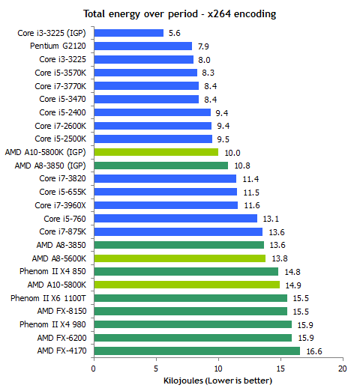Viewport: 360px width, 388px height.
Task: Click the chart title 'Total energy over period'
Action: click(140, 14)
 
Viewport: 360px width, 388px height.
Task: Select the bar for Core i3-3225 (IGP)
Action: click(129, 33)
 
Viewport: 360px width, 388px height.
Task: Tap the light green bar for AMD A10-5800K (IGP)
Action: click(156, 152)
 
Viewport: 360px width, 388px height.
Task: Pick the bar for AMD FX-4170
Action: click(197, 351)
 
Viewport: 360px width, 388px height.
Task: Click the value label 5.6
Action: click(174, 33)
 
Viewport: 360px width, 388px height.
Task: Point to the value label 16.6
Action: click(314, 351)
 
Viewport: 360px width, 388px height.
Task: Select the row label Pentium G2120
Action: click(58, 46)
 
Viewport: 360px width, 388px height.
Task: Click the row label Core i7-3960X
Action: click(60, 205)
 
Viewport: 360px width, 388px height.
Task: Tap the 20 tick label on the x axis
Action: click(342, 369)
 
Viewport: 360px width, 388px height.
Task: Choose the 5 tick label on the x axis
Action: click(156, 369)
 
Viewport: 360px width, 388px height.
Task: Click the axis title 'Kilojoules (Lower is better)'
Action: click(217, 381)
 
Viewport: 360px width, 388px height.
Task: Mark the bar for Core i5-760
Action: click(175, 219)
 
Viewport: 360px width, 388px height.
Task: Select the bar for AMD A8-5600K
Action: click(180, 258)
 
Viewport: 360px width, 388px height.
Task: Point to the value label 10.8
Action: click(242, 166)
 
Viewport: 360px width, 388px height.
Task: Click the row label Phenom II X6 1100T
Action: click(48, 298)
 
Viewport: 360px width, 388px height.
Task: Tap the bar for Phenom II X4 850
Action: click(186, 271)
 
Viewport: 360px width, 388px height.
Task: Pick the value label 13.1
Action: click(271, 219)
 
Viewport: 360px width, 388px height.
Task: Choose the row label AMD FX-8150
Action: click(61, 311)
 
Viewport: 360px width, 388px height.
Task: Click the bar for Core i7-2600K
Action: click(153, 126)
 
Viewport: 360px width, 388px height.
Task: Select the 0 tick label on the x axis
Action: click(94, 369)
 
